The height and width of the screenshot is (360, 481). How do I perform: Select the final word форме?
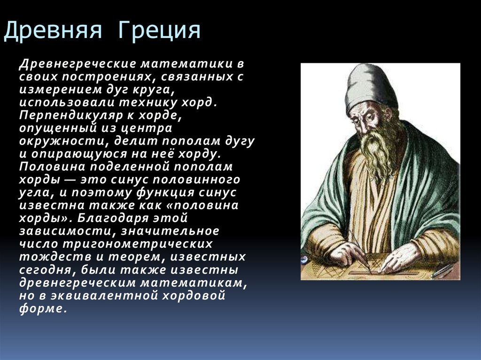pyautogui.click(x=41, y=309)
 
